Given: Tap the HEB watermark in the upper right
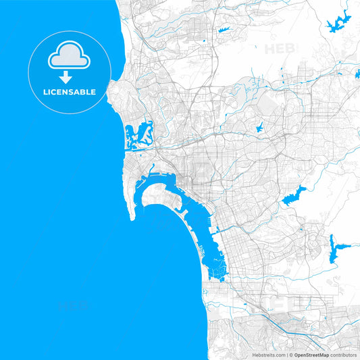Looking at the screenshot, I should click(280, 49).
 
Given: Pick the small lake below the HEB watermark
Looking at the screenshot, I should click(259, 126).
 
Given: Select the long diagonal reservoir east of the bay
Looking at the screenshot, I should click(294, 197).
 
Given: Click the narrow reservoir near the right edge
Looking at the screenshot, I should click(333, 249).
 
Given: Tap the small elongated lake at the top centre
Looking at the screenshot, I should click(224, 30).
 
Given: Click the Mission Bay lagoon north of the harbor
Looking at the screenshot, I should click(138, 133).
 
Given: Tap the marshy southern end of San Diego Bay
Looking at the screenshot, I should click(217, 270).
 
